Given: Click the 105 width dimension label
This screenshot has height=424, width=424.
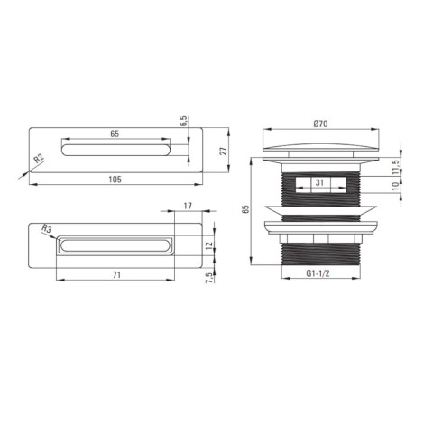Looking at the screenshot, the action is (x=115, y=180).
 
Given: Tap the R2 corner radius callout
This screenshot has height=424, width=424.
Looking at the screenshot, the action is (x=39, y=158).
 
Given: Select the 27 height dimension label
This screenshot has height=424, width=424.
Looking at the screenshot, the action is (x=224, y=151).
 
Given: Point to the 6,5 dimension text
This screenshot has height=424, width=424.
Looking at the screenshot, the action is (x=184, y=121).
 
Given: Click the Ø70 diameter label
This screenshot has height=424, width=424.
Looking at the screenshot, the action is (x=320, y=124).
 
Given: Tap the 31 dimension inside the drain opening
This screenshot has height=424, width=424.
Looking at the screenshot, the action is (x=319, y=182).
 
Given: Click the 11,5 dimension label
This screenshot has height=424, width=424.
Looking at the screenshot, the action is (x=396, y=167).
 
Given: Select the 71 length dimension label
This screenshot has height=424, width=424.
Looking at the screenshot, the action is (x=116, y=275).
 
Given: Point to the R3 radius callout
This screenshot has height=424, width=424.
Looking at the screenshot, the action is (x=47, y=229).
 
